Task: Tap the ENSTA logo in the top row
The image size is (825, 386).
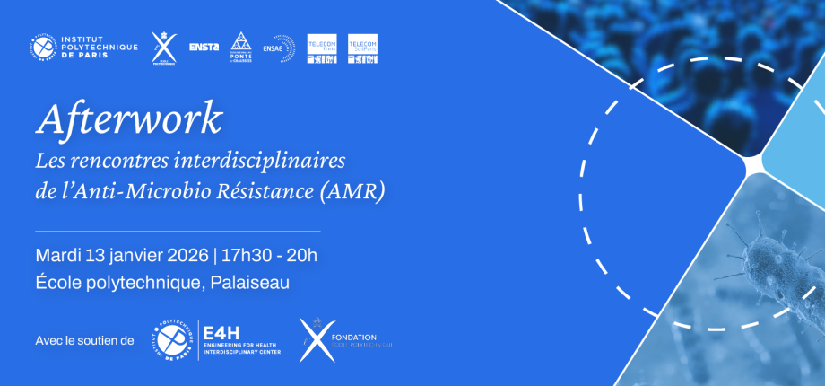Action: click(x=204, y=48)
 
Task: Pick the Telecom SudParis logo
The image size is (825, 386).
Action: click(x=362, y=48)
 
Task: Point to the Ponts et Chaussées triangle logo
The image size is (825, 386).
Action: click(x=239, y=47)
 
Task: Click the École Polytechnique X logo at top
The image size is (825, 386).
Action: click(x=165, y=48)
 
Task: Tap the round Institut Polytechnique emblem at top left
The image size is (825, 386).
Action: click(x=43, y=48)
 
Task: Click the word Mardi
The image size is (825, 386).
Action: click(x=55, y=255)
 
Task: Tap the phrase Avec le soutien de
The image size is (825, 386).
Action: click(x=84, y=340)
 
